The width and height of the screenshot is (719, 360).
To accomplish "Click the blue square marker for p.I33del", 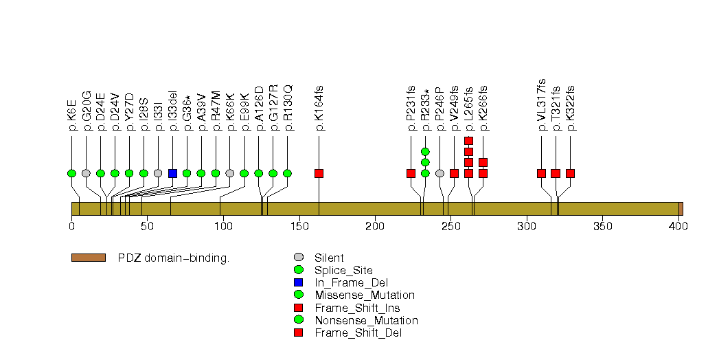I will pyautogui.click(x=172, y=173).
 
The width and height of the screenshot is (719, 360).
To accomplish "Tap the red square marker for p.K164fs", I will pyautogui.click(x=319, y=173).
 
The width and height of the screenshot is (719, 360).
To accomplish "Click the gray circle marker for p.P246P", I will pyautogui.click(x=440, y=173).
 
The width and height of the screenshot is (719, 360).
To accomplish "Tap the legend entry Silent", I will pyautogui.click(x=329, y=258).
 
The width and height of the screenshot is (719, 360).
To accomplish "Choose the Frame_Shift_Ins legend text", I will pyautogui.click(x=357, y=308).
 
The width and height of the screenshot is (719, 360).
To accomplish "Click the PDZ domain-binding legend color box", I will pyautogui.click(x=88, y=258).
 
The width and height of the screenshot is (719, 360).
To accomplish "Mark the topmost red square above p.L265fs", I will pyautogui.click(x=468, y=141).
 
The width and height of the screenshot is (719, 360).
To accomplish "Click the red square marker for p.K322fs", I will pyautogui.click(x=570, y=173).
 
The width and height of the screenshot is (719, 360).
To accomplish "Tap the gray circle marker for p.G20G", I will pyautogui.click(x=86, y=173).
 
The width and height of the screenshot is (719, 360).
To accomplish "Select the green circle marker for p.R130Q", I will pyautogui.click(x=287, y=173).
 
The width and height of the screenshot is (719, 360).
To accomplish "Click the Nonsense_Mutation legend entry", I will pyautogui.click(x=366, y=320).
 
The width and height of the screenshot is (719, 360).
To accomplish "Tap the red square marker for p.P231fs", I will pyautogui.click(x=411, y=173).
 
